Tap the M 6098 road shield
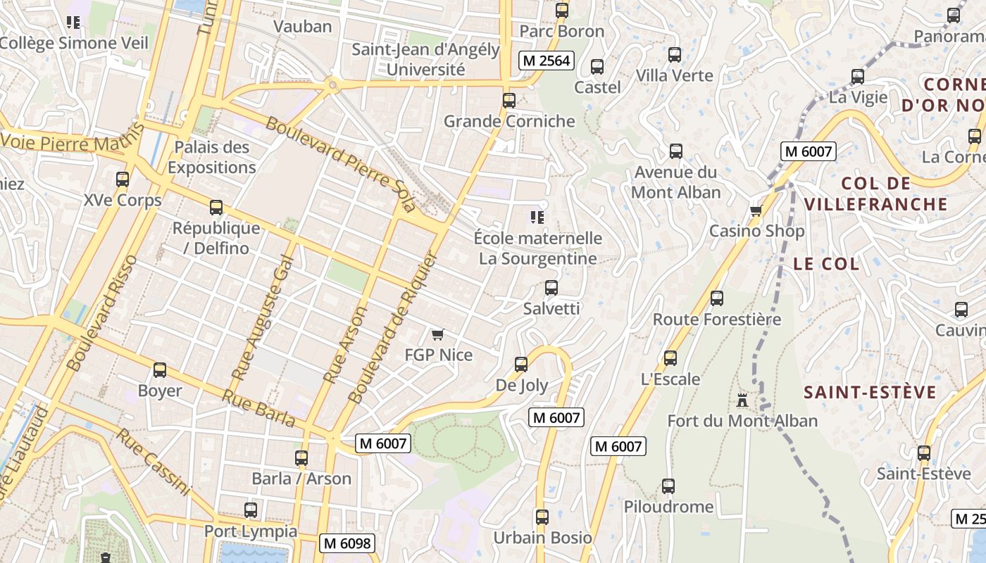pos(347,543)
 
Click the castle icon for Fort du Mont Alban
pos(742,400)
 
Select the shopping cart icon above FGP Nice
pos(437,334)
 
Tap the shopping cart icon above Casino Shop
pos(756,210)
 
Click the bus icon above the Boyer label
pos(160,370)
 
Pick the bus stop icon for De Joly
pos(521,365)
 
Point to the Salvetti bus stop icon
pos(551,288)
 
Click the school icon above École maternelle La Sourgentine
pos(538,217)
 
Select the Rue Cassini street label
pos(153,462)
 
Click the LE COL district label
pos(826,264)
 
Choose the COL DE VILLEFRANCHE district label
pos(876,194)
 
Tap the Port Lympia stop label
pos(251,531)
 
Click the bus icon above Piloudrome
pos(668,486)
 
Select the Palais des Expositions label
pos(212,157)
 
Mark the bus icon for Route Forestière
pos(717,298)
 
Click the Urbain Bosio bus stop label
pos(542,538)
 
